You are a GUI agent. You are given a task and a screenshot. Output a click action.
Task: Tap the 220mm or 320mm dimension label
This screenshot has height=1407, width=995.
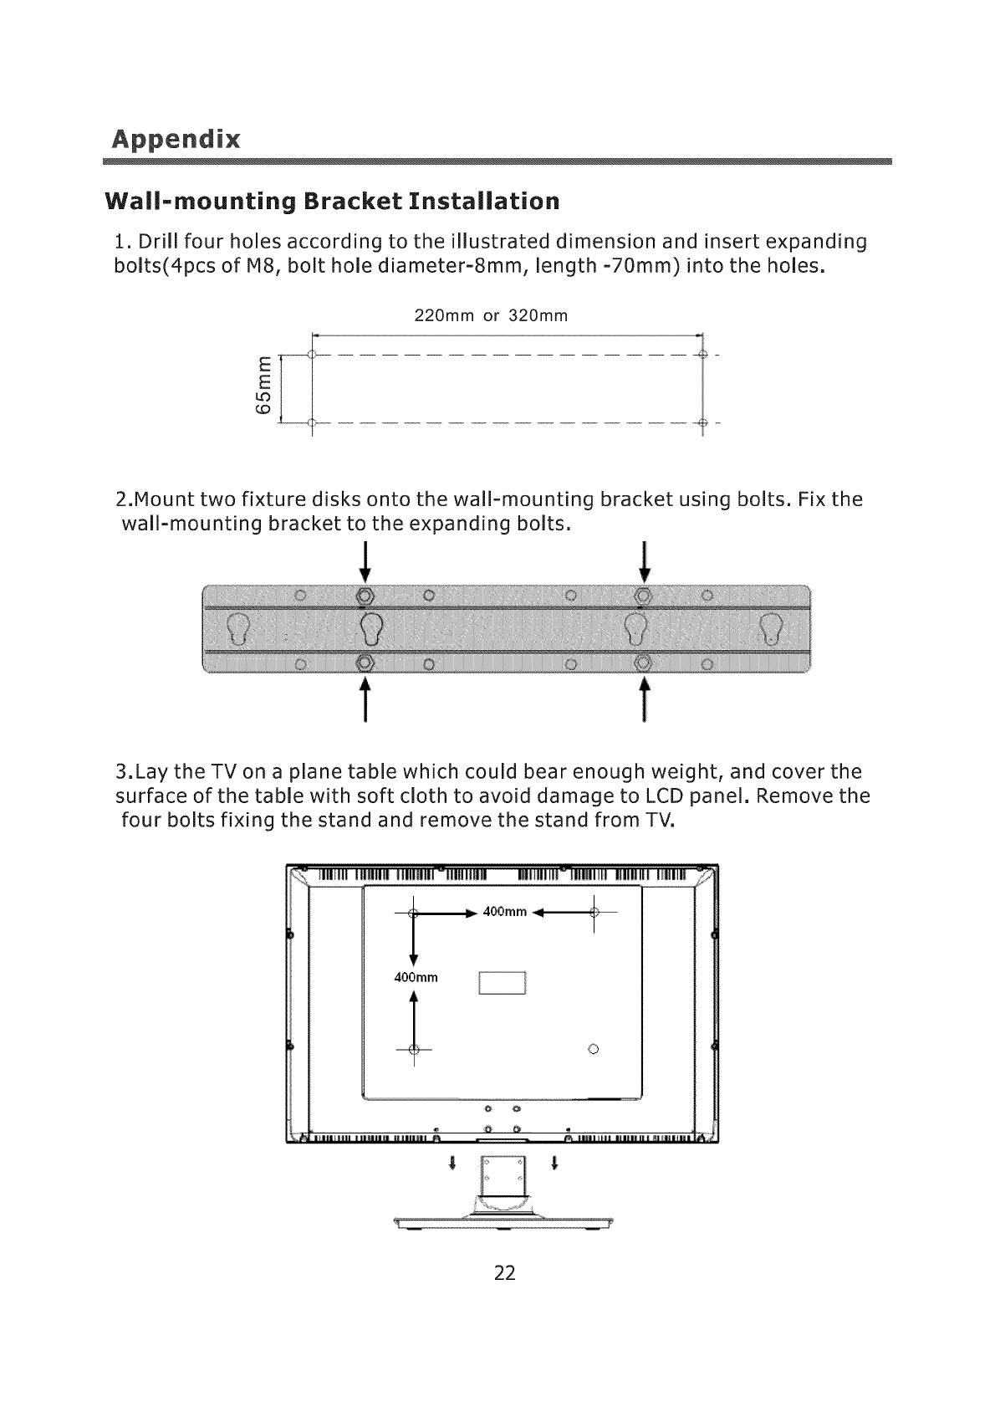click(x=491, y=316)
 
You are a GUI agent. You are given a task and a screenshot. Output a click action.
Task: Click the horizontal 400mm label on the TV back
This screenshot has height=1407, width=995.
click(x=505, y=912)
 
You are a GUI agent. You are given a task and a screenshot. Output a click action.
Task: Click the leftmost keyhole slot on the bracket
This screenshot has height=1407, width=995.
click(x=238, y=628)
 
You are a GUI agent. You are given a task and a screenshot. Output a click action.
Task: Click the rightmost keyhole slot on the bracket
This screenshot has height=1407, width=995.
click(x=770, y=628)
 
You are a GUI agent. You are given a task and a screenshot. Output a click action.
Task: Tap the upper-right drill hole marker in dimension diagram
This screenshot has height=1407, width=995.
click(x=702, y=355)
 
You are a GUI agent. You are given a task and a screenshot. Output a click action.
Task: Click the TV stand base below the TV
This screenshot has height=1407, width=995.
click(x=500, y=1222)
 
